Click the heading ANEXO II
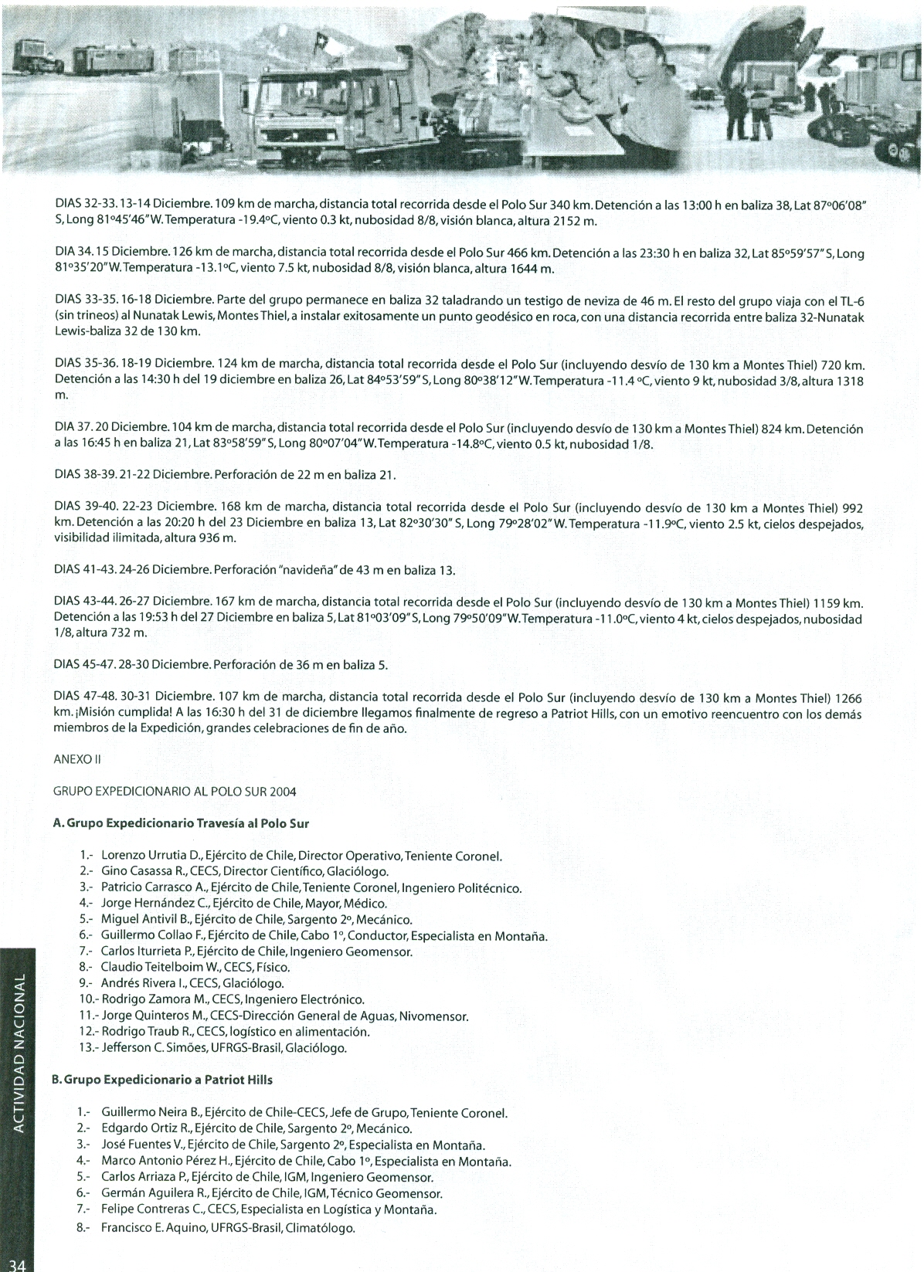pyautogui.click(x=77, y=759)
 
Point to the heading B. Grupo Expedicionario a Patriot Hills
pyautogui.click(x=161, y=1080)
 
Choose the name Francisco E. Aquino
pyautogui.click(x=152, y=1227)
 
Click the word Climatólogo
pyautogui.click(x=320, y=1227)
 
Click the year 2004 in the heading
pyautogui.click(x=282, y=792)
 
